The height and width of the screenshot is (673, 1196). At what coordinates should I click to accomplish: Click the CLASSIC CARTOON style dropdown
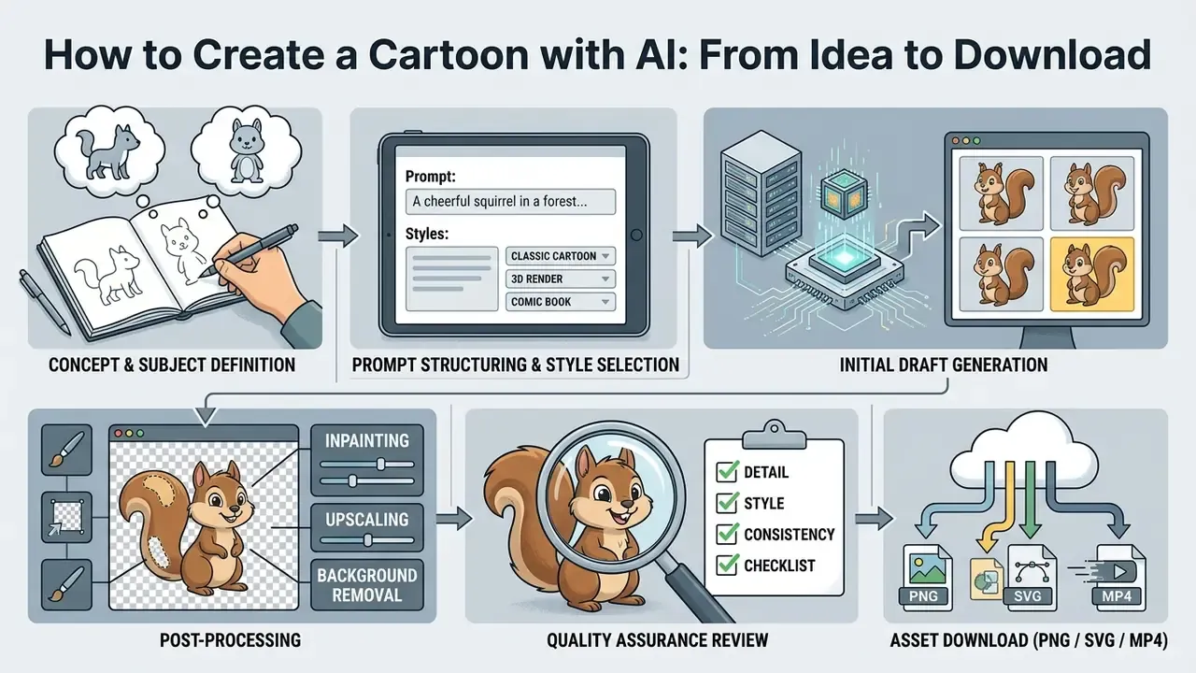[560, 256]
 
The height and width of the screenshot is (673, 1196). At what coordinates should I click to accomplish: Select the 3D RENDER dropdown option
[560, 279]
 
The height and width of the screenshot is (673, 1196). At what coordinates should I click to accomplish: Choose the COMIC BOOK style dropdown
[560, 302]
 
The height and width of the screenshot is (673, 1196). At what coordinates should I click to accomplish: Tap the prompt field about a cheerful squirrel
[510, 201]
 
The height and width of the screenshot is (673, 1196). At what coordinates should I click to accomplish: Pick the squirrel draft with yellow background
[1092, 274]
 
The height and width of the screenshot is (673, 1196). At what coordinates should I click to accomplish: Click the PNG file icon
[926, 578]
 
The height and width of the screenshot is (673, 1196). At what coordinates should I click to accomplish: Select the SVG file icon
[1031, 578]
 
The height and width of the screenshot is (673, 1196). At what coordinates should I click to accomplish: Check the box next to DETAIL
[727, 471]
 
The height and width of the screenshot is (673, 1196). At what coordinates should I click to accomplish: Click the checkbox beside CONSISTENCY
[727, 534]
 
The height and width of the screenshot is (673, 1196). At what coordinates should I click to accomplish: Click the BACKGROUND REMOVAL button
[367, 585]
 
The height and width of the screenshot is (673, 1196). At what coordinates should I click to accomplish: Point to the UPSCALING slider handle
[367, 540]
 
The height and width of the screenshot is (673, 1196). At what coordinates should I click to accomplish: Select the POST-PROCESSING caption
[230, 640]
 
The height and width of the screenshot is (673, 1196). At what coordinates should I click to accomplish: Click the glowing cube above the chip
[844, 193]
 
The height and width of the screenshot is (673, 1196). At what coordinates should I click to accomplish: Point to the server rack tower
[761, 195]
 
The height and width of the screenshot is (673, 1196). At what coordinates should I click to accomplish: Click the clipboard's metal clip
[774, 436]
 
